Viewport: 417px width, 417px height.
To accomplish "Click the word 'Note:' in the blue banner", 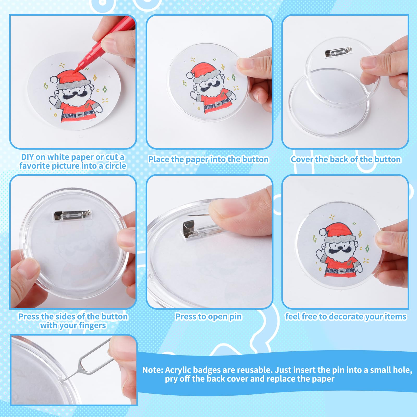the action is click(153, 370).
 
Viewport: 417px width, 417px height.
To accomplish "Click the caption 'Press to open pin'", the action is click(208, 317).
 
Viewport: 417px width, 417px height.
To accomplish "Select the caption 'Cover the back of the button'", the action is click(346, 159).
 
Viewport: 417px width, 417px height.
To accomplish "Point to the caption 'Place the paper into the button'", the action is click(208, 159).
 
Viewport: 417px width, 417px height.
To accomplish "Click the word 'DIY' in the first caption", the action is click(27, 157).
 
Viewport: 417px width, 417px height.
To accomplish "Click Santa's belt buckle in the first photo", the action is click(79, 115).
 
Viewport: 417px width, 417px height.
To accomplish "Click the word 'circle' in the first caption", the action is click(115, 166).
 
